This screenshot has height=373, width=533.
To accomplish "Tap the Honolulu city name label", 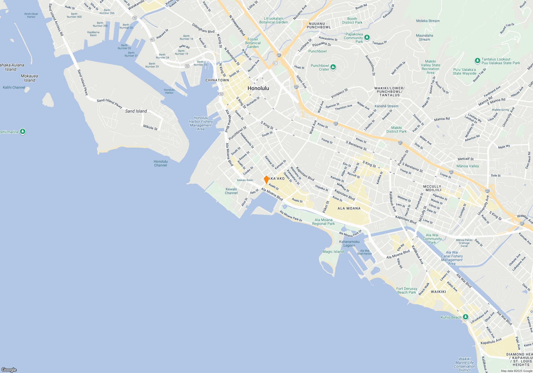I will click(258, 88).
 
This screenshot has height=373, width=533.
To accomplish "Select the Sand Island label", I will click(136, 111).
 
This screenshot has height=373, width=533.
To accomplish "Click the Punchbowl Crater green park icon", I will click(333, 67).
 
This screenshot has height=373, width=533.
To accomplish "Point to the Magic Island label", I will click(333, 252).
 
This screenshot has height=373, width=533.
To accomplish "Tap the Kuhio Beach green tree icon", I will click(465, 317).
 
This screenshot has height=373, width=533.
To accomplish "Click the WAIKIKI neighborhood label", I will click(438, 292).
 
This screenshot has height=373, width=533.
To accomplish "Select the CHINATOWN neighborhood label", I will click(217, 80).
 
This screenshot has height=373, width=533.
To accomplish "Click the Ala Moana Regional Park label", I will click(323, 222).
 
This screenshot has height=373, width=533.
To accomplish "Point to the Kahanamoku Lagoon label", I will click(349, 244).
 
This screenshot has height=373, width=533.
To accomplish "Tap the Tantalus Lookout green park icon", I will click(477, 60).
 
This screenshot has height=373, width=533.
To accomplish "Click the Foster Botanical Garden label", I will click(253, 43).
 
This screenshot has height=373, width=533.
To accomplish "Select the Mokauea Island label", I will click(29, 78).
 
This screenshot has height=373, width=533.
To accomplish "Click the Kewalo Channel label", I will click(231, 191).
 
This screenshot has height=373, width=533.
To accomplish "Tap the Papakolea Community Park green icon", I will click(367, 37).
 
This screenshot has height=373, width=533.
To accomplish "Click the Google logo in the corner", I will click(9, 370).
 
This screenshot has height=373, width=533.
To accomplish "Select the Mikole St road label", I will click(150, 127).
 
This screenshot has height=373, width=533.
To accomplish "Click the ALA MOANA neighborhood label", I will click(349, 208).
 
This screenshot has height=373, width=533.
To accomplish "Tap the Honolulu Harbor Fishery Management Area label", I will click(201, 123).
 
